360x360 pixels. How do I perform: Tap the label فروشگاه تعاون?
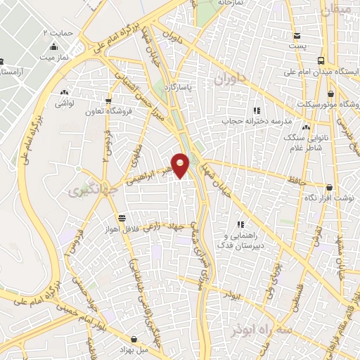pos(105,111)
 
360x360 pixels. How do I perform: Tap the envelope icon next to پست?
pos(297,36)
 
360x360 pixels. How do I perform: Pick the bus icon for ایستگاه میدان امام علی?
pos(321,60)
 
